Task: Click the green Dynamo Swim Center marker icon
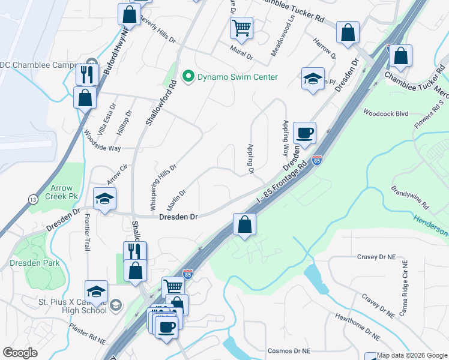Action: pos(188,77)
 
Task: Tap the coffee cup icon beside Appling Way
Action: pos(304,133)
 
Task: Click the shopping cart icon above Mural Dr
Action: pos(241,27)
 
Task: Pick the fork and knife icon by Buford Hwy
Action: pos(86,74)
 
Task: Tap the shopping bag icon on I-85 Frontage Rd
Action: pos(244,225)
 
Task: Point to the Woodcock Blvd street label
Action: pos(385,113)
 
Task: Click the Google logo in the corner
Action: pos(20,353)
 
